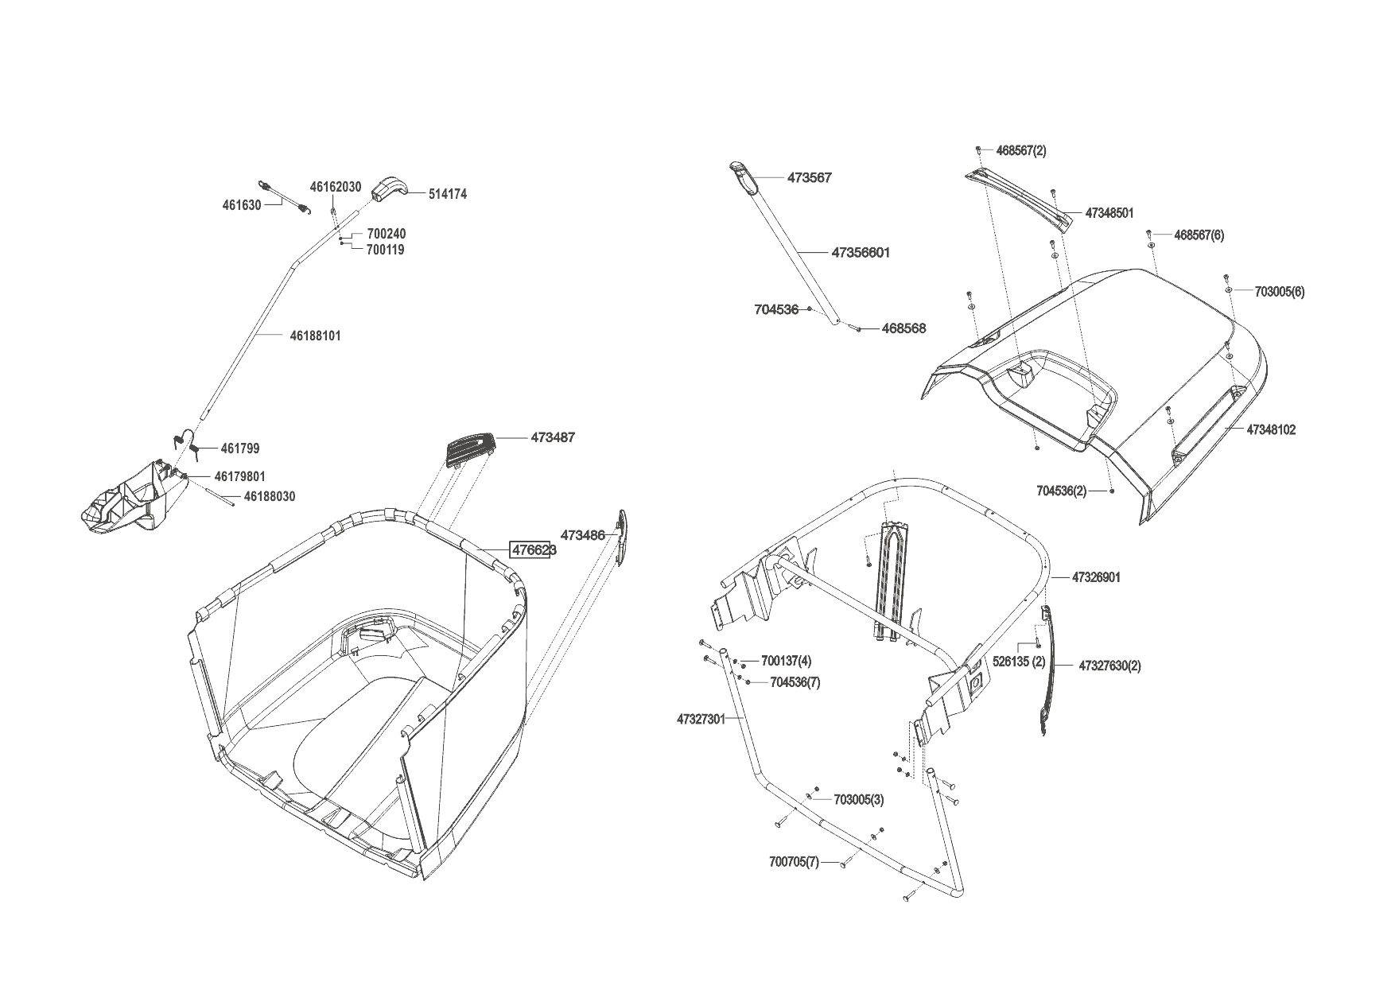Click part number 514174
[447, 194]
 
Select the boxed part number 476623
[532, 550]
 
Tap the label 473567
[809, 178]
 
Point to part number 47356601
[861, 253]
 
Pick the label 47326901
[1096, 577]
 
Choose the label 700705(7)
[794, 862]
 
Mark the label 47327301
[701, 719]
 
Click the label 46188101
[315, 336]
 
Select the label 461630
[242, 205]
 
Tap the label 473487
[553, 437]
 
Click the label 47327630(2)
[1109, 666]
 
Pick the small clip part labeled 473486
[622, 538]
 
